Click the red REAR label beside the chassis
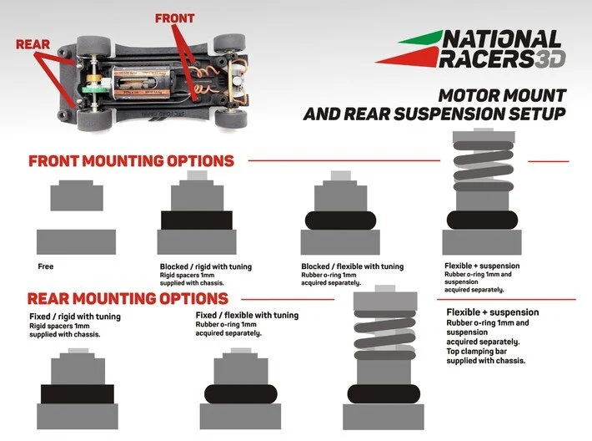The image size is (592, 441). coord(33,44)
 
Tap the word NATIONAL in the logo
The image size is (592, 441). coord(501,39)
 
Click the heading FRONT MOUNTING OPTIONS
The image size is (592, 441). coord(131,160)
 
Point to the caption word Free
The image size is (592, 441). coord(45,267)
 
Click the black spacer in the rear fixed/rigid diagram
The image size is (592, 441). coord(78,393)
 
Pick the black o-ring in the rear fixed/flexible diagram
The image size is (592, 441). coord(240,393)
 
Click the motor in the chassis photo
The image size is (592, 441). coord(129,69)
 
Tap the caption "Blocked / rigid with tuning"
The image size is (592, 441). coord(205,267)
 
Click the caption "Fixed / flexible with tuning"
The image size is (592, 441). coord(246,315)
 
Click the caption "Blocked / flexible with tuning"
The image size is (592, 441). coord(351,267)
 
